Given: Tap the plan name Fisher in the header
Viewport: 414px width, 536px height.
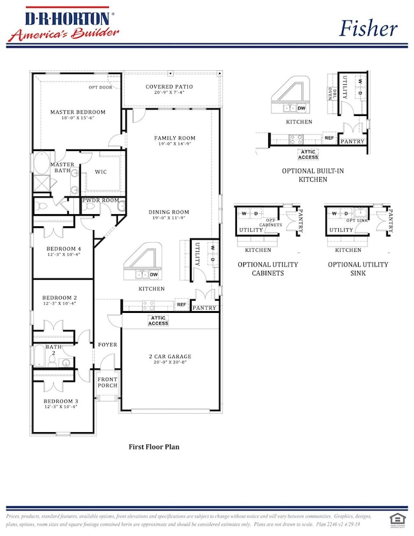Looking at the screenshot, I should [368, 27].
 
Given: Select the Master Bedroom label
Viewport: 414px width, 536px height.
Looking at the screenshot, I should [78, 112].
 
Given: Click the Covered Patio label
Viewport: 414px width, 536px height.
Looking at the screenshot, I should [169, 87].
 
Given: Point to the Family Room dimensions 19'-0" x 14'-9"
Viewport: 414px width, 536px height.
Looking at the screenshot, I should [175, 145].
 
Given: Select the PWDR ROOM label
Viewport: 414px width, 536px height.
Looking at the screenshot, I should [100, 200].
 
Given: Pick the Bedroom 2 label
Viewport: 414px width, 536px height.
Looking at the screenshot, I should [60, 298].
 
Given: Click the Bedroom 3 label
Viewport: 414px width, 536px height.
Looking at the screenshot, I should [60, 402].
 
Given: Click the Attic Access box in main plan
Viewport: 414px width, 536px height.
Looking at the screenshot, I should [158, 320].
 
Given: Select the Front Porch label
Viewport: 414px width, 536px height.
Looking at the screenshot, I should [107, 382].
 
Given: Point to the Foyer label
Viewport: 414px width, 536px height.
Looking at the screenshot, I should [107, 345].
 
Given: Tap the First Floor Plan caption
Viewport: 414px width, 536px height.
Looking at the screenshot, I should [153, 447].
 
